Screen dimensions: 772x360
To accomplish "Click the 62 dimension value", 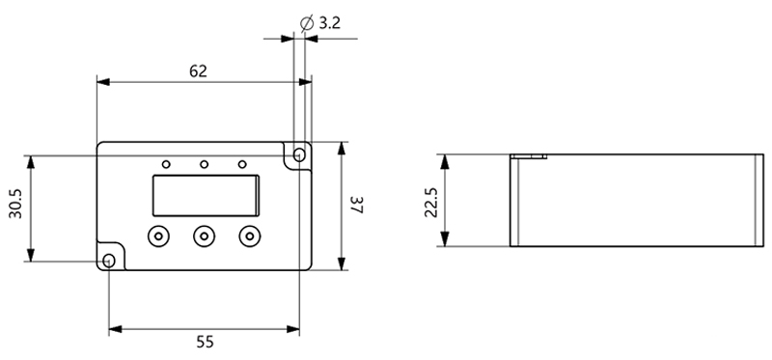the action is (198, 71).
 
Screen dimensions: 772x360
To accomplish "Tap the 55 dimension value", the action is (205, 342).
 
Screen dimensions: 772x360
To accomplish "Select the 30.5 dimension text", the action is (15, 203).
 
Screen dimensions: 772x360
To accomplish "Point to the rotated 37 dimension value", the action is (357, 206).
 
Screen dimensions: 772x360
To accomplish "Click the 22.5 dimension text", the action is (431, 202).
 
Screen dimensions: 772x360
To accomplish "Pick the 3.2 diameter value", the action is (329, 23).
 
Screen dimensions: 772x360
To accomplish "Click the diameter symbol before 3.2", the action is (306, 23).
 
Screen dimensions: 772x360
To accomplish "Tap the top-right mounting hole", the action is (298, 155).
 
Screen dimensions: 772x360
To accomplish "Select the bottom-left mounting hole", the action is (109, 261).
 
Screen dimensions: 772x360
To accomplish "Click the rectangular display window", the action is (206, 196).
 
